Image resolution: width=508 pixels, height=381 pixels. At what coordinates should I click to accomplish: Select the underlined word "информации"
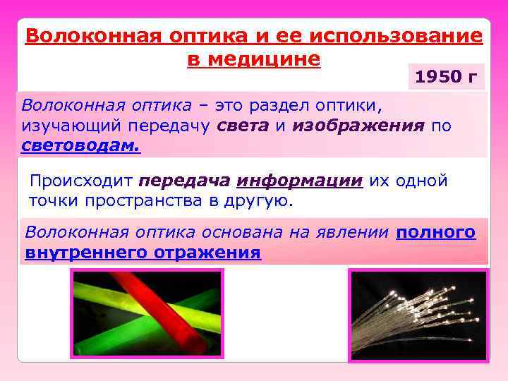[x=299, y=181]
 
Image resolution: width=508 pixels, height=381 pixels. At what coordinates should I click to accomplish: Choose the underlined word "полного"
[x=436, y=233]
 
